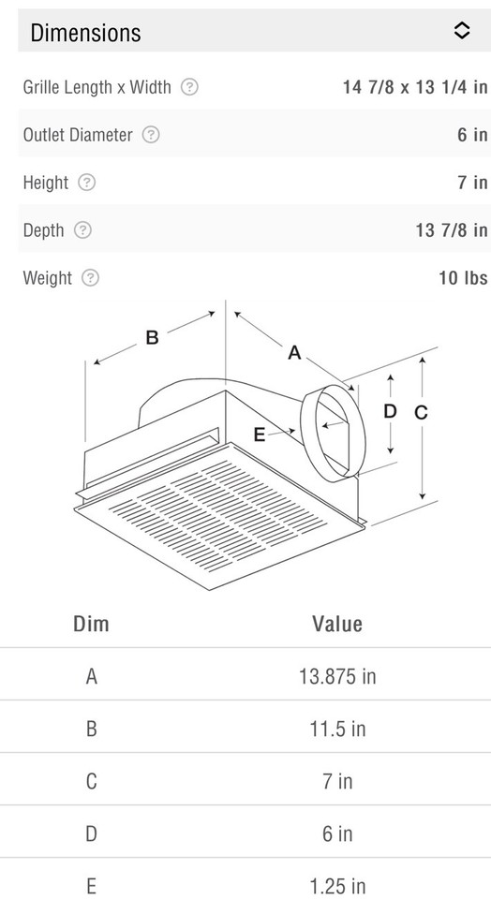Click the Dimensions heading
[x=85, y=33]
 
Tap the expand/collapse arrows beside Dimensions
[x=461, y=31]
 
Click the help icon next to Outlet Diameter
[x=151, y=135]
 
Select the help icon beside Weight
[x=90, y=278]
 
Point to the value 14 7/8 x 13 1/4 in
[x=415, y=87]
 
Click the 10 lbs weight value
[x=463, y=278]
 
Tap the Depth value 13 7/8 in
[x=452, y=230]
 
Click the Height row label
[x=45, y=183]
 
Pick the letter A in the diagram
[x=294, y=353]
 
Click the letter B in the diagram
[x=152, y=339]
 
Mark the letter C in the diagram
[x=421, y=412]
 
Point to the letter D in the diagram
[x=390, y=411]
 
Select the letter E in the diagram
[x=260, y=434]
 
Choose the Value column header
[x=337, y=624]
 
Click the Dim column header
[x=91, y=624]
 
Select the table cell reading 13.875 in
[x=337, y=675]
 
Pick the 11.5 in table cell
[x=337, y=729]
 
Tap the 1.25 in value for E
[x=337, y=885]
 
